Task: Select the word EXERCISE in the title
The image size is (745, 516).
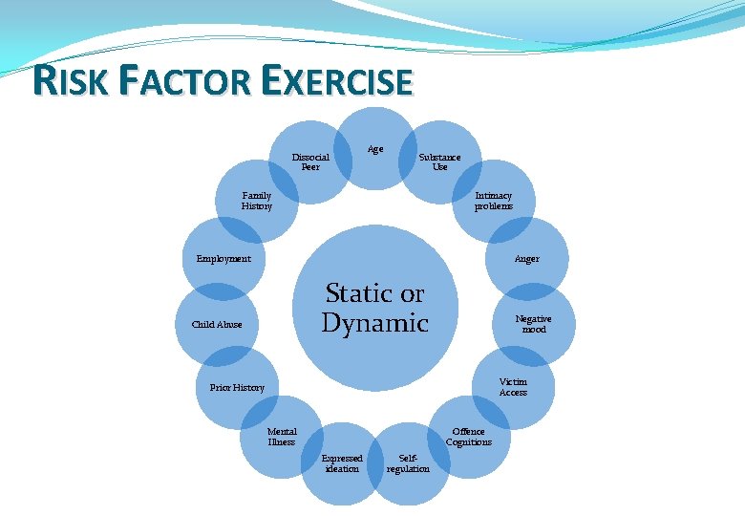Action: coord(338,81)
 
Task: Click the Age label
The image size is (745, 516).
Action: coord(375,149)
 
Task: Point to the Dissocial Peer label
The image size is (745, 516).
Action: coord(310,162)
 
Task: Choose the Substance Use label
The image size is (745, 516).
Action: coord(439,162)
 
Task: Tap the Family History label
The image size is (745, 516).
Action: coord(257,201)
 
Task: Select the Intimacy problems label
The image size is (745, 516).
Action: coord(493,201)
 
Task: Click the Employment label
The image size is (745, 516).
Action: coord(223,259)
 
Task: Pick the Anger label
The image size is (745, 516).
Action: coord(526,259)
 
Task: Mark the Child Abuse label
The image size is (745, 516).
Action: coord(217,325)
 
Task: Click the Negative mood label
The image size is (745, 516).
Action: coord(533,324)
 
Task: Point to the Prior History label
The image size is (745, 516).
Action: coord(237,388)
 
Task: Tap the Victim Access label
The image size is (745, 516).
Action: coord(513,387)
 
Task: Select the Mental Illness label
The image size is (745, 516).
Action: coord(282,437)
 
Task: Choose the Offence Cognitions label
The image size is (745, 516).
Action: coord(468,437)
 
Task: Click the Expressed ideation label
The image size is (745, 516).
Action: coord(342,463)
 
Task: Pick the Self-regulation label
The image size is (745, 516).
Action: coord(408,463)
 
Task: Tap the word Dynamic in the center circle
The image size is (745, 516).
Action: coord(374,323)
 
